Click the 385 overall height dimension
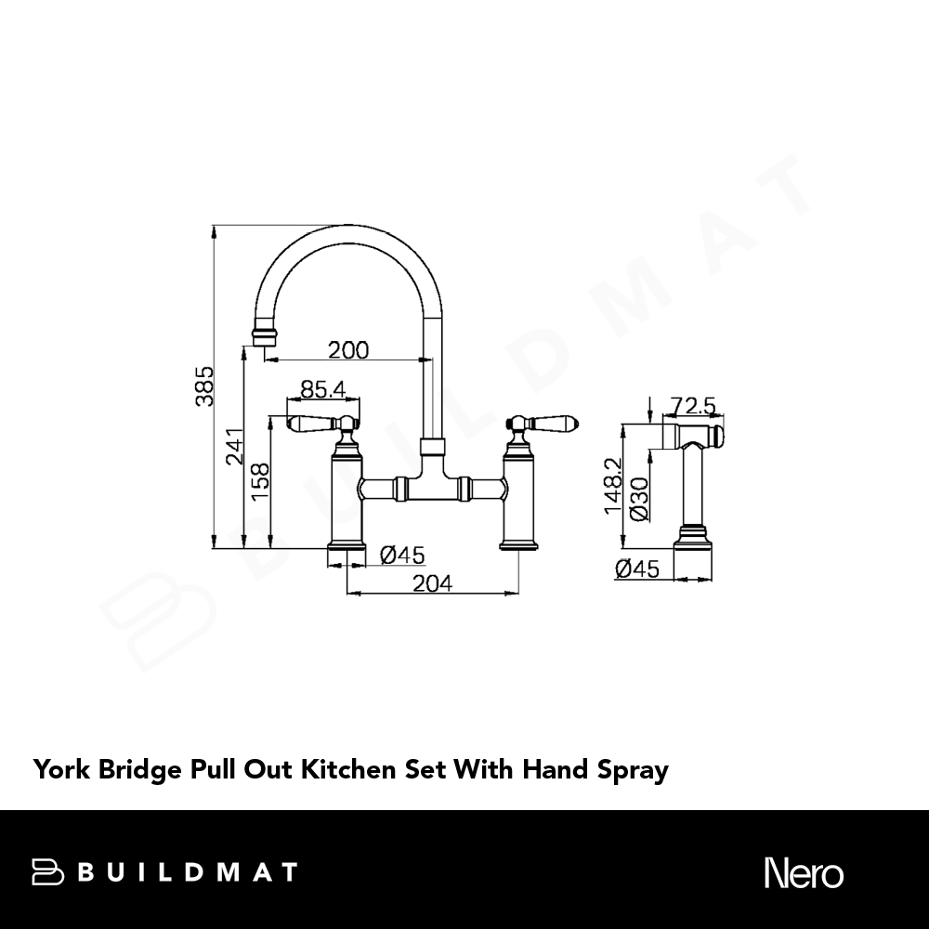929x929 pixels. point(204,386)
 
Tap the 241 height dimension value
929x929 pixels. point(235,446)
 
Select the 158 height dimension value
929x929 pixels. point(261,481)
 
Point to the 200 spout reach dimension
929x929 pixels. point(348,349)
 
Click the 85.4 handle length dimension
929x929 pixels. point(323,389)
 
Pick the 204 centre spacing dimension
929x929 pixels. point(433,583)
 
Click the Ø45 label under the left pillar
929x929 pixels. point(402,556)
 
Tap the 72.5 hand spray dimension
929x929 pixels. point(693,406)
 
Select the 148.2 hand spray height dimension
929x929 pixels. point(613,486)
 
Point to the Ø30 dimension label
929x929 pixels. point(640,499)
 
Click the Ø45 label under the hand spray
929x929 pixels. point(637,569)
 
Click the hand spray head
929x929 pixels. point(693,436)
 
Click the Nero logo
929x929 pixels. point(804,872)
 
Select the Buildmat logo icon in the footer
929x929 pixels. point(47,872)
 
